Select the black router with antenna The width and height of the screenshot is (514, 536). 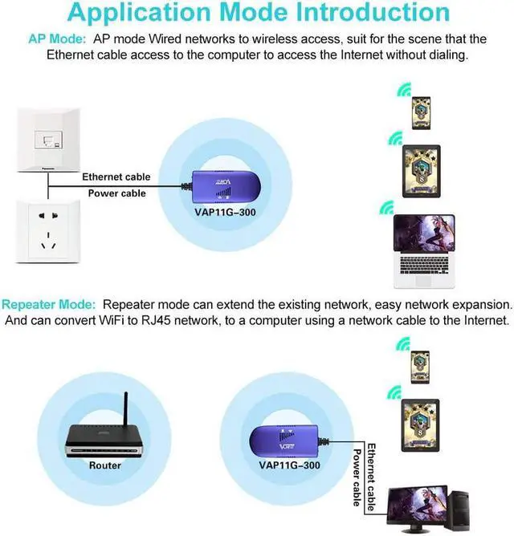[x=104, y=438]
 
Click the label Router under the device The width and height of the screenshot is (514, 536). [x=105, y=465]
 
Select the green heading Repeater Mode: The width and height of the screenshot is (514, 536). [x=49, y=306]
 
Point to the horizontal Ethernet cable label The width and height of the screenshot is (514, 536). [x=116, y=177]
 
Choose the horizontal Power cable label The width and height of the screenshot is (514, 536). [x=116, y=193]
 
